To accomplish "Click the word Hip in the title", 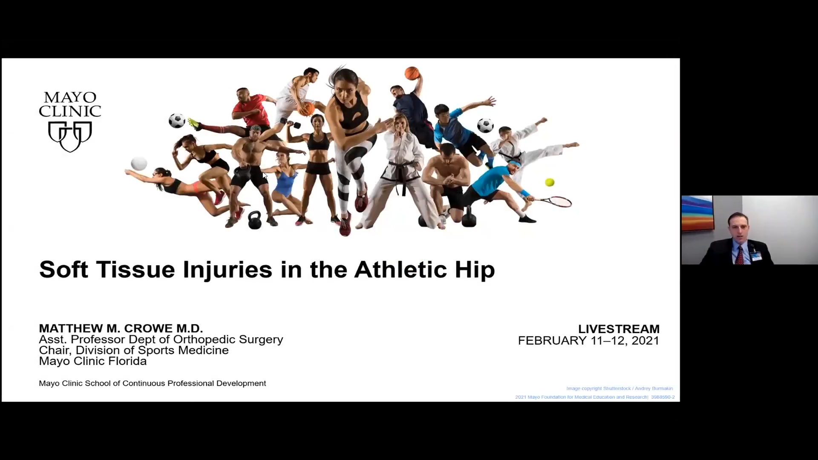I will click(x=475, y=270).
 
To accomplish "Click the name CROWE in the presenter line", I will click(x=148, y=328).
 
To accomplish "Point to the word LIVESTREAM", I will click(x=619, y=329).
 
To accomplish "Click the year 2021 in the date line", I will click(x=645, y=341).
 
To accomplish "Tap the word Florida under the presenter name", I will click(x=128, y=361).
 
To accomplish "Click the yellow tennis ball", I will click(x=550, y=182).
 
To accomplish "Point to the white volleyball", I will click(x=139, y=163).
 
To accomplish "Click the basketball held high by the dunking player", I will click(x=412, y=73).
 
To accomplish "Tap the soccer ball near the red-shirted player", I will click(x=176, y=121).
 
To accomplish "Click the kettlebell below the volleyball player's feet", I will click(x=254, y=220).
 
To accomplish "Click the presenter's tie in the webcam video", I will click(x=740, y=256).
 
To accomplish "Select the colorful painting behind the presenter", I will click(x=697, y=213).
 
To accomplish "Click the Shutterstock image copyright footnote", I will click(x=619, y=388).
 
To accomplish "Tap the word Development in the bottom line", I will click(x=241, y=383).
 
